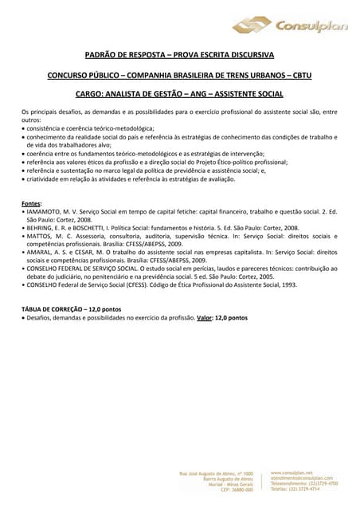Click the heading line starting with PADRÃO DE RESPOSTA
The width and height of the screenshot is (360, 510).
[x=179, y=55]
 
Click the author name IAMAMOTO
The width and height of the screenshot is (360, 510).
[x=45, y=213]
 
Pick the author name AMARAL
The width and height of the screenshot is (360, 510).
[x=41, y=251]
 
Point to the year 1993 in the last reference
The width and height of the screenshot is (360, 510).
[x=288, y=284]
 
